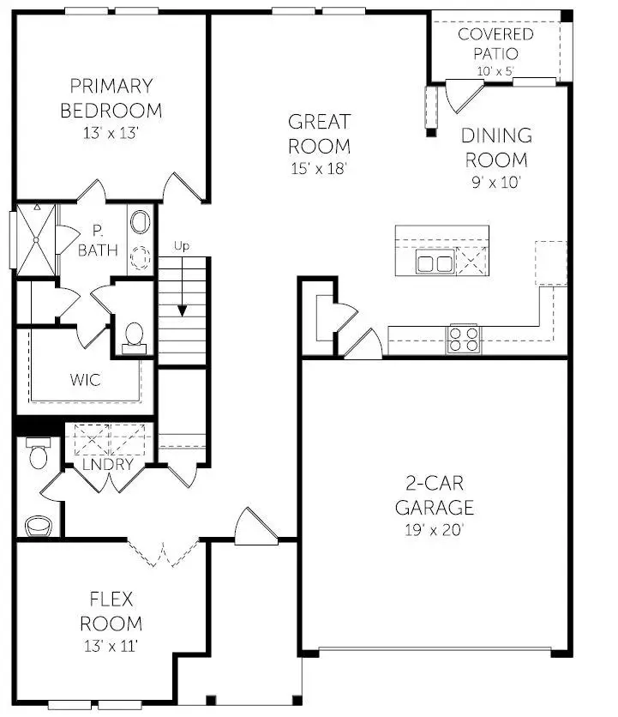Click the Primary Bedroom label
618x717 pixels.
pos(111,98)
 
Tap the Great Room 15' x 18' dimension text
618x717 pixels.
pos(318,169)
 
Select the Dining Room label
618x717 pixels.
pos(495,148)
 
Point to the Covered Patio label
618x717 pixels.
pos(495,43)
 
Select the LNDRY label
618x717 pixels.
pos(108,465)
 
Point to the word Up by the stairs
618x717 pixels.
pos(181,246)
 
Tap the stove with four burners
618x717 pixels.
pos(463,339)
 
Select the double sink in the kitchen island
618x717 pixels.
pos(434,262)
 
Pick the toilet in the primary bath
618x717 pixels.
pos(135,335)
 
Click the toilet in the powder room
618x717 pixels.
pos(38,453)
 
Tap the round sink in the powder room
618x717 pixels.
pos(38,524)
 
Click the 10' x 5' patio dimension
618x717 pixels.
pos(495,70)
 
